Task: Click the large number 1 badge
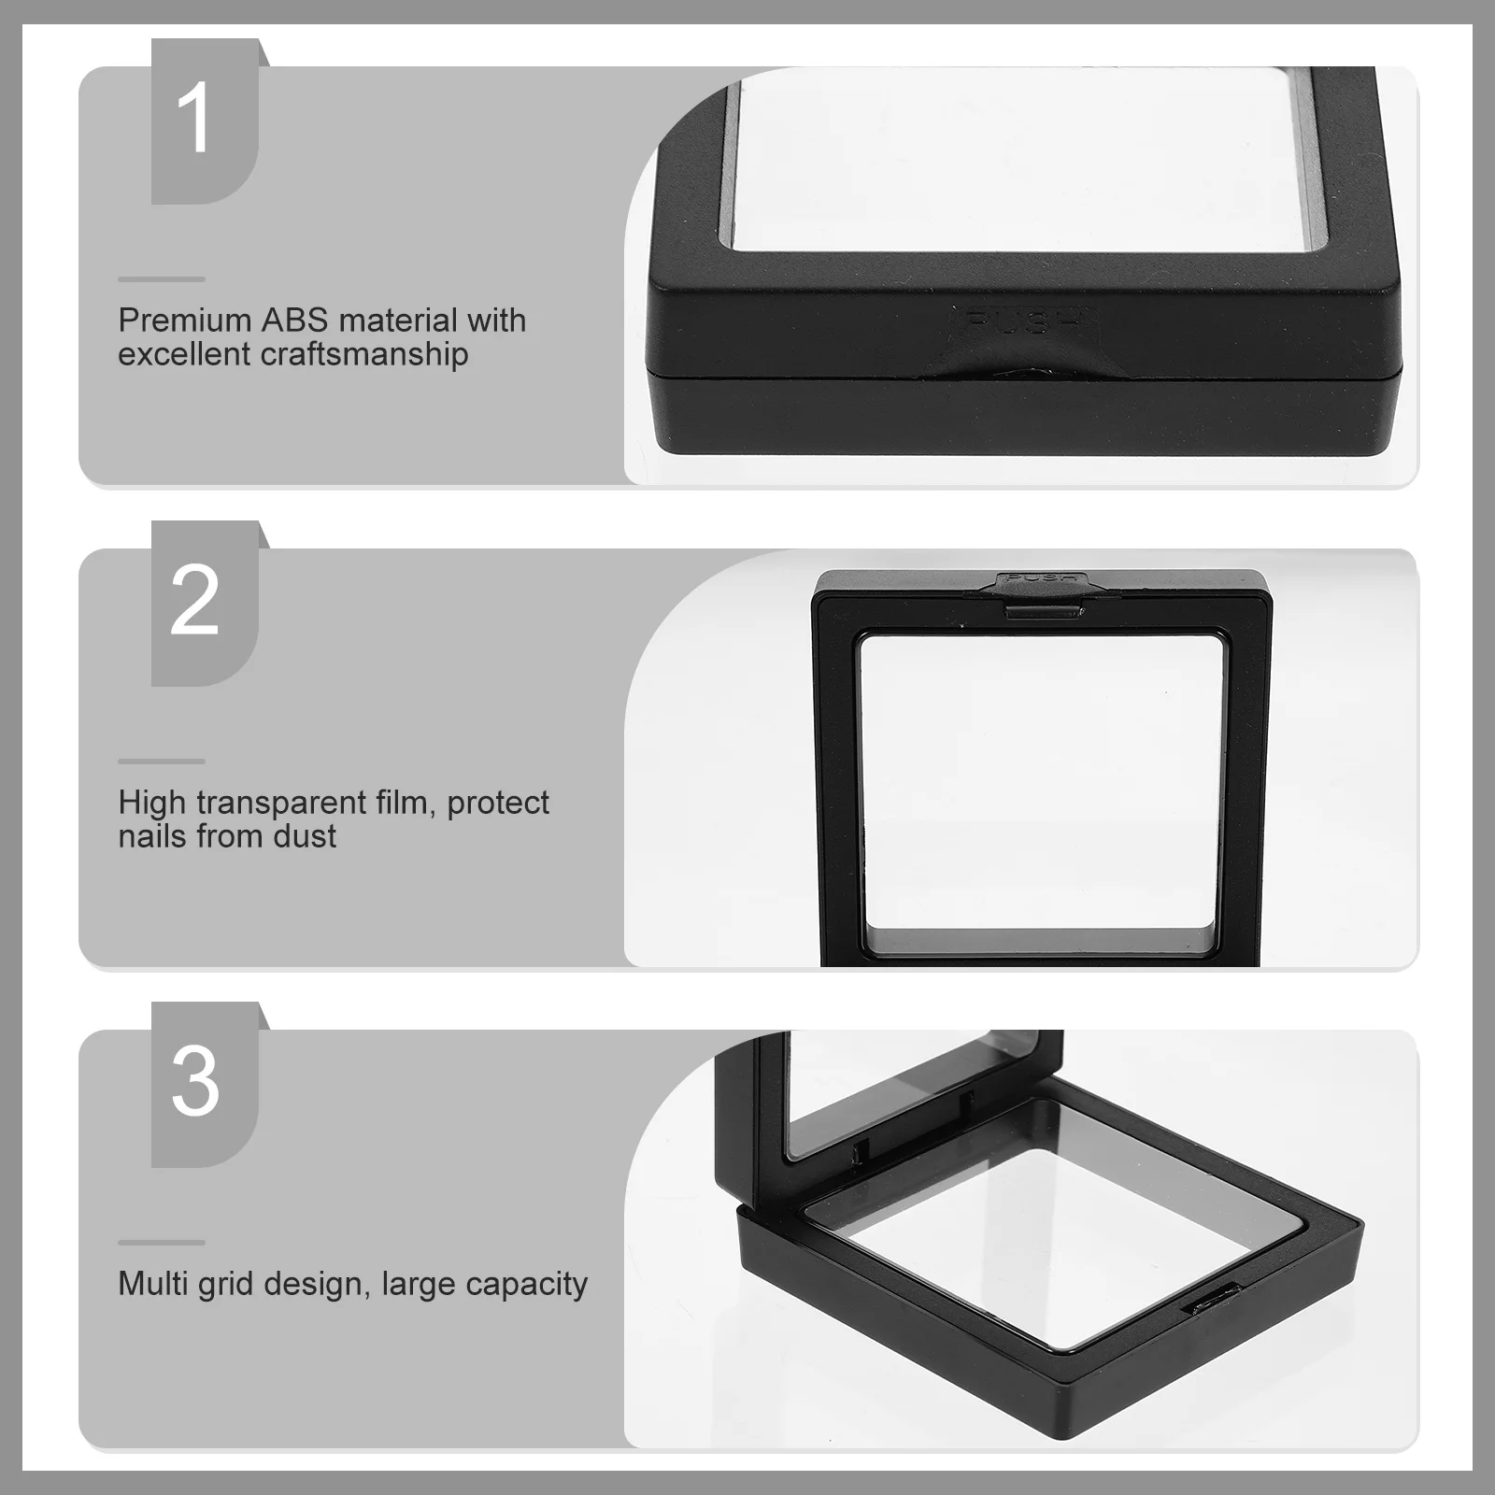click(x=195, y=119)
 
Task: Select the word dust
click(x=305, y=836)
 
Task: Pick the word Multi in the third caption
click(x=153, y=1284)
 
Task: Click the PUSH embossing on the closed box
click(x=1022, y=322)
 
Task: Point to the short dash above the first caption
click(x=162, y=279)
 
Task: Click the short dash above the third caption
click(x=162, y=1243)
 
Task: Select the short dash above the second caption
click(x=162, y=762)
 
